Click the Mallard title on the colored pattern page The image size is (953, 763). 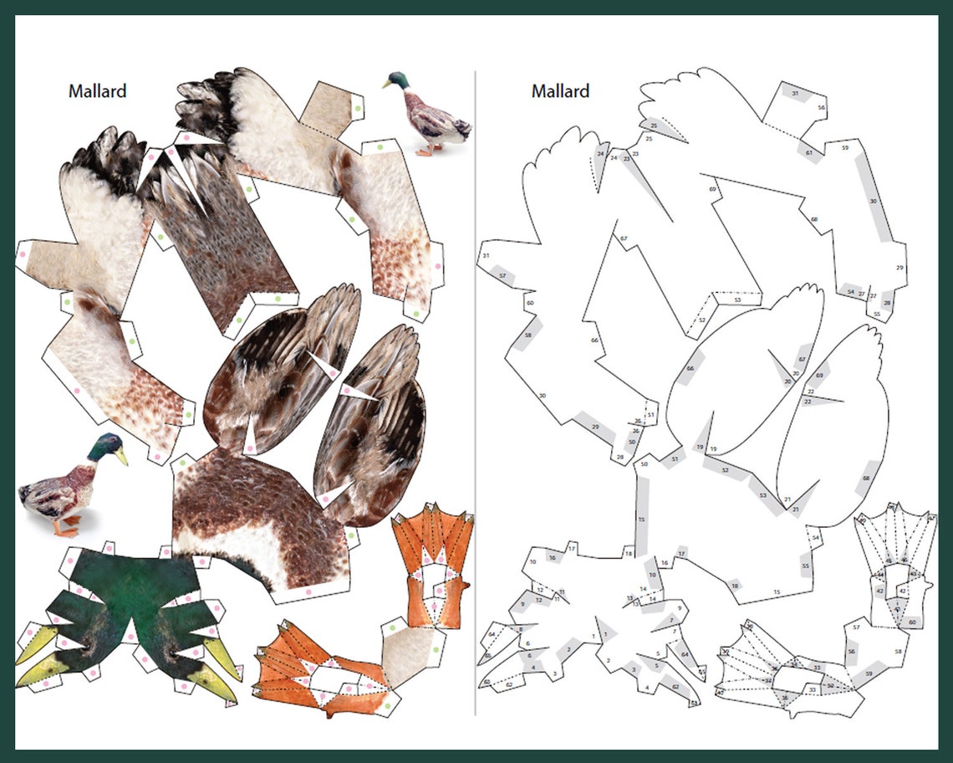pos(97,91)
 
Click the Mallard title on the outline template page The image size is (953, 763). pos(560,91)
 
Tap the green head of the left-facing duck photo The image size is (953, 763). pos(397,81)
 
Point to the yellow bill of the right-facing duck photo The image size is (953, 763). pos(122,457)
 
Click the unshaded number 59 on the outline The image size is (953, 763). pos(844,148)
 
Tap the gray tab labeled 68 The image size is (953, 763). pos(866,478)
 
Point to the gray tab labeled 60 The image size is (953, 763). pos(912,622)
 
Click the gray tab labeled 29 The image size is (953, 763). pos(595,428)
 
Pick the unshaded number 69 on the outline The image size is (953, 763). pos(712,190)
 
